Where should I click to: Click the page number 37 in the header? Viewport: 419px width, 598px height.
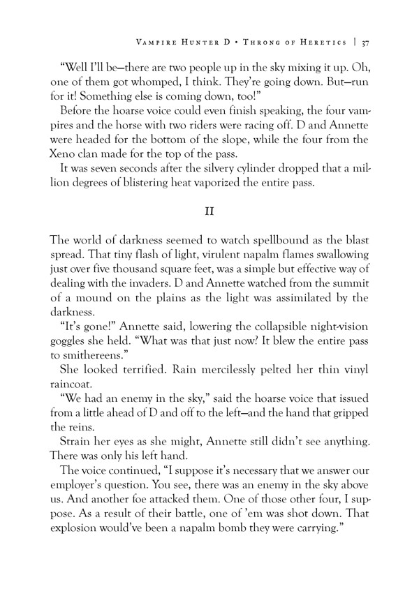(x=365, y=42)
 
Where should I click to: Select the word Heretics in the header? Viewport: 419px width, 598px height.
(x=323, y=42)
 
